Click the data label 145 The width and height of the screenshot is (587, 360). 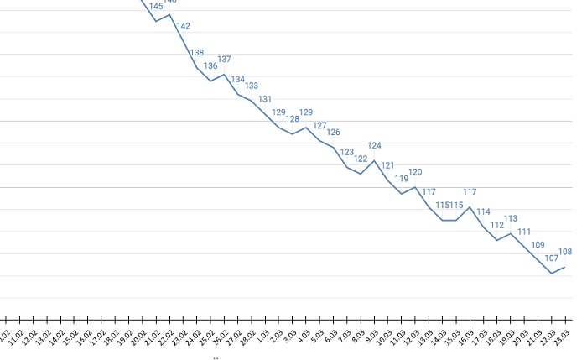click(x=156, y=7)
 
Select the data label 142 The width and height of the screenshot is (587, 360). click(x=184, y=27)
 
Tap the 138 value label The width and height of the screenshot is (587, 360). click(x=197, y=53)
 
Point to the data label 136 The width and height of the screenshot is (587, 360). click(x=210, y=66)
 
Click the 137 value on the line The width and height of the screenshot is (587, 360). click(x=224, y=60)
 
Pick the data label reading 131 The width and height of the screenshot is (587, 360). click(x=265, y=99)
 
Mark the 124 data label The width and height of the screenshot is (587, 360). click(x=374, y=146)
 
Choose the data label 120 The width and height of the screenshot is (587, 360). click(x=415, y=172)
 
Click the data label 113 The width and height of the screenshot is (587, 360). click(x=511, y=218)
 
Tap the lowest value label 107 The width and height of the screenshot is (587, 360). click(x=552, y=258)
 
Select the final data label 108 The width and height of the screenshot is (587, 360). click(x=565, y=252)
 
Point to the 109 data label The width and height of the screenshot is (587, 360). click(x=538, y=245)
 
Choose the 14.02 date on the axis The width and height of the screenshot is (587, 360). click(x=56, y=335)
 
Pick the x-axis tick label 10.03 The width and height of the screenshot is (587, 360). click(x=384, y=335)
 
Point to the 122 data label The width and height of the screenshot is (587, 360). click(x=361, y=159)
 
